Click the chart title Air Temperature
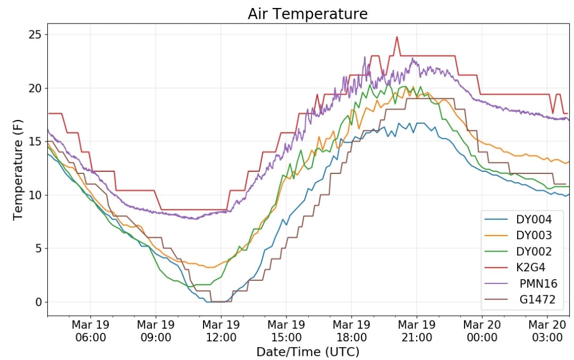point(308,14)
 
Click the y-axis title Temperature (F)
point(18,170)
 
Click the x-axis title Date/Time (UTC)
point(308,352)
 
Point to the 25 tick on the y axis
point(36,35)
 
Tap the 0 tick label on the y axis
point(39,302)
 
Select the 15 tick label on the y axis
point(36,142)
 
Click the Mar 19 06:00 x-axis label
point(90,331)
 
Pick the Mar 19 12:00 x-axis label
point(221,331)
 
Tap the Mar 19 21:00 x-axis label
point(417,331)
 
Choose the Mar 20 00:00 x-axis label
point(482,331)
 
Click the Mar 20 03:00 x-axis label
point(547,331)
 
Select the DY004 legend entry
point(518,220)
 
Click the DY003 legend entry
point(518,235)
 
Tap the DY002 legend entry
point(518,251)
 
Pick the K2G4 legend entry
point(515,267)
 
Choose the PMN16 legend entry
point(521,283)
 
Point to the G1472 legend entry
point(520,299)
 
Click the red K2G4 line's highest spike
point(397,37)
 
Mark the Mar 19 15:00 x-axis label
point(286,331)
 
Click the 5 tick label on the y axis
point(39,249)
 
